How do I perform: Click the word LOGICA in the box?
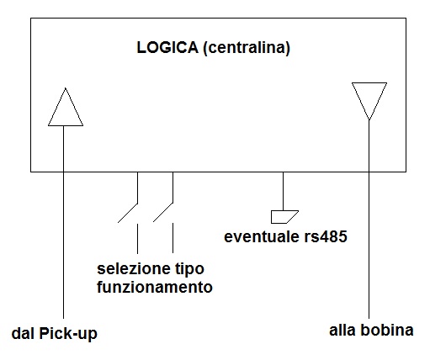click(167, 47)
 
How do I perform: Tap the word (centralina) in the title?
click(247, 48)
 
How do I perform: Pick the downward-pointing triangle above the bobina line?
click(369, 101)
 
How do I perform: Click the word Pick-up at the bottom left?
click(68, 334)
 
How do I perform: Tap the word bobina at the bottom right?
click(387, 331)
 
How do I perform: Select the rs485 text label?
click(326, 236)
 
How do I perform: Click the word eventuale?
click(262, 236)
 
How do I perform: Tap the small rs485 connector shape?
click(284, 217)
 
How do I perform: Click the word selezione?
click(134, 268)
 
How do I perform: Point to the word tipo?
click(190, 270)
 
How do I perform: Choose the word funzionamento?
click(155, 287)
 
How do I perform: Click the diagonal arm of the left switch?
click(128, 213)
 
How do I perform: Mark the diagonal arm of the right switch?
click(163, 212)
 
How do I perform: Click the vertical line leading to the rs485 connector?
click(283, 191)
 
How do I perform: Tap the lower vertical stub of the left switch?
click(137, 239)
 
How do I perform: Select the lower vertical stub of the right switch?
click(173, 238)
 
